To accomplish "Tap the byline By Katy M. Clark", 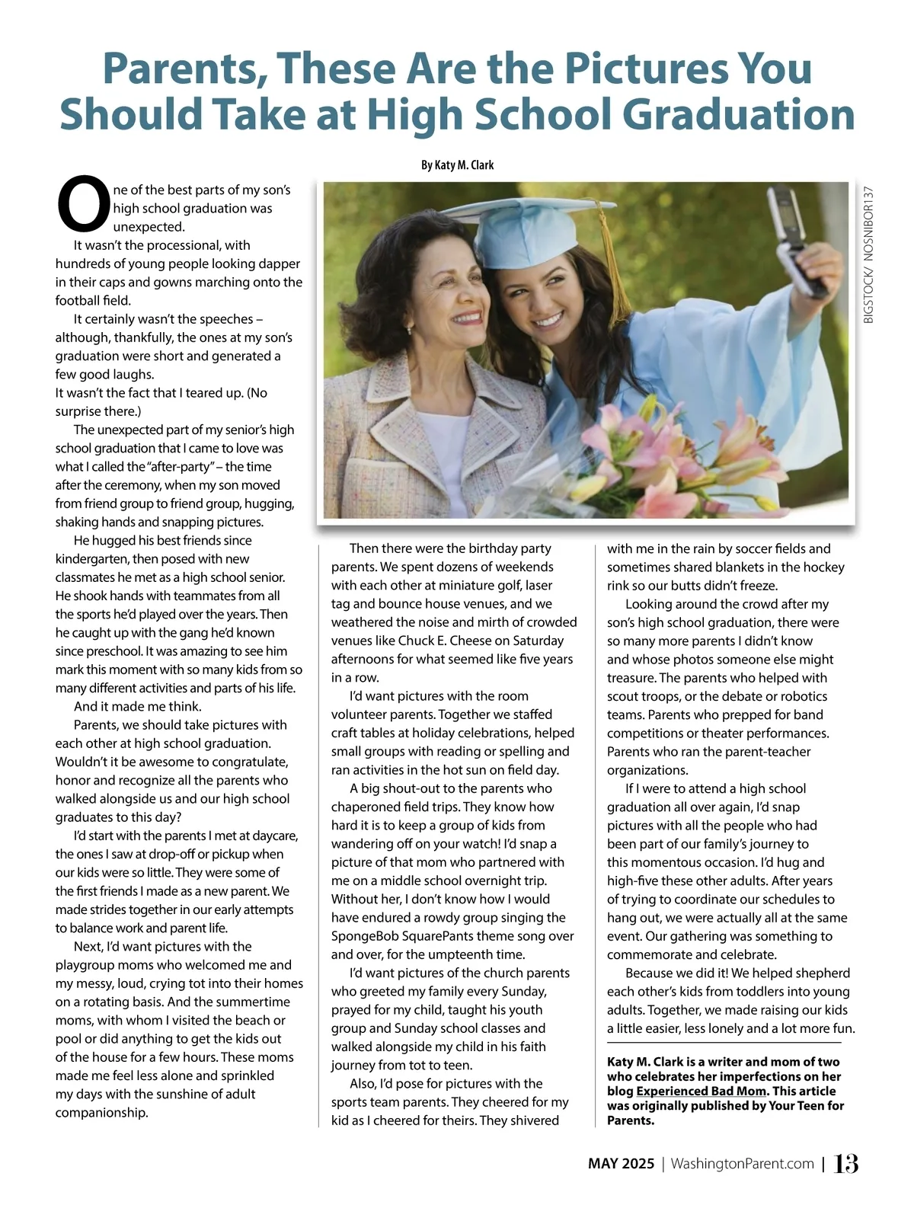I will click(x=457, y=165).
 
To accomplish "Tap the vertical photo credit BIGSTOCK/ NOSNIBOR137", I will click(x=868, y=255).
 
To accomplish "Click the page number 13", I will click(x=846, y=1163).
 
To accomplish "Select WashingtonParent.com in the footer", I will click(x=743, y=1164).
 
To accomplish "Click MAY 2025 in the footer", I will click(x=621, y=1164).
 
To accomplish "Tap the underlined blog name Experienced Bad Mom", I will click(x=701, y=1091).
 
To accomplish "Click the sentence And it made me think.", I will click(x=137, y=706).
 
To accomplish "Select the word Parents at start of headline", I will click(x=183, y=69).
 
